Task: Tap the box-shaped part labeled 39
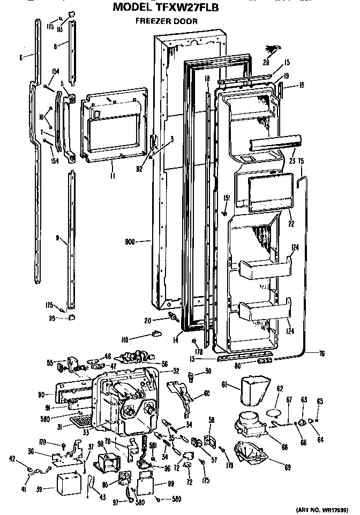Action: [x=67, y=481]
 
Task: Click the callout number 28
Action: [x=266, y=63]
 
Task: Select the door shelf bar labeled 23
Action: [x=274, y=142]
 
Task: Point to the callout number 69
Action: [x=287, y=467]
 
